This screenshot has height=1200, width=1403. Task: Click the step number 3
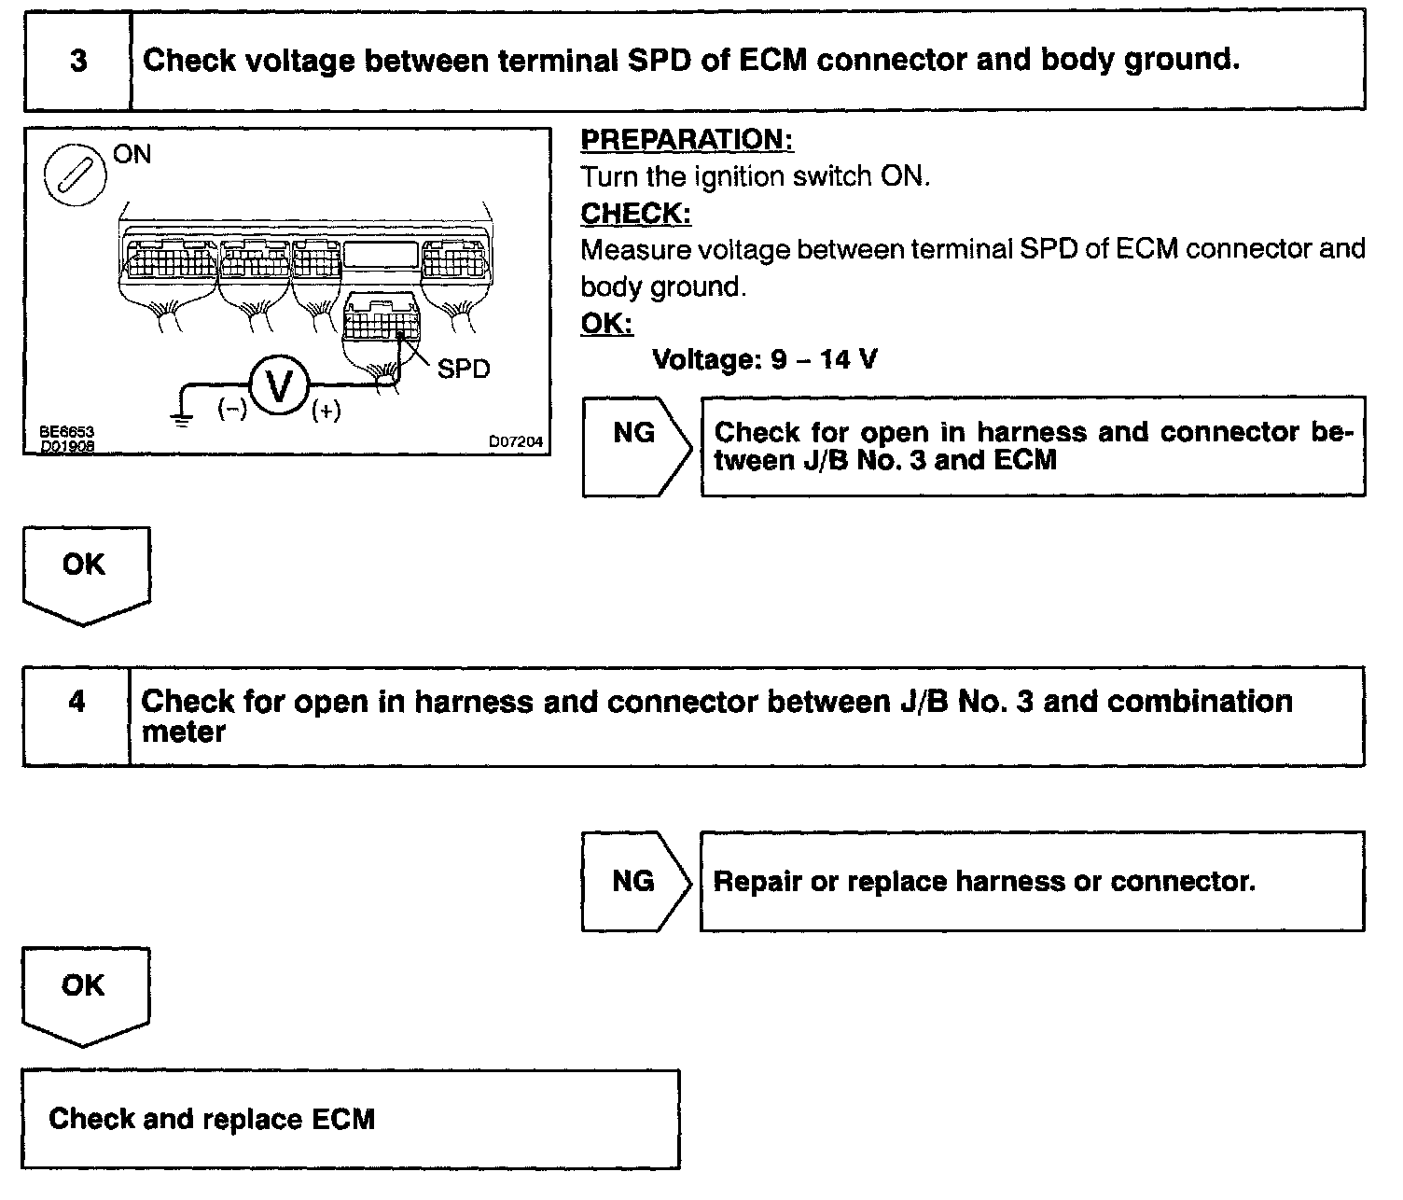78,62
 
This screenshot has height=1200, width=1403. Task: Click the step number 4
77,702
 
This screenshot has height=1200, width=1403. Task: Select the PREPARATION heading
687,140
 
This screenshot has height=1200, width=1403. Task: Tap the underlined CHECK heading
635,214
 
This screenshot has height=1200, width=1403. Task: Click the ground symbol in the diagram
181,419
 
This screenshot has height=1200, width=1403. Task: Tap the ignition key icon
75,174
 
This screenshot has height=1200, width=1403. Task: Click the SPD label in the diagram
464,370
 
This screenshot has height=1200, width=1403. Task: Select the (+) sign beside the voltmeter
326,410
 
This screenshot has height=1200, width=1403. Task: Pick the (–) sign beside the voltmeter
230,409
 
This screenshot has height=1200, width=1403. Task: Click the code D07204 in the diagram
516,441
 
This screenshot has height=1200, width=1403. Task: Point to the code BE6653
66,433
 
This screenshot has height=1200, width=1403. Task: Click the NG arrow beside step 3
635,445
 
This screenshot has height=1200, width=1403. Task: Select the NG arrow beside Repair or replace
634,881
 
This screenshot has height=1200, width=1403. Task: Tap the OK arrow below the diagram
85,571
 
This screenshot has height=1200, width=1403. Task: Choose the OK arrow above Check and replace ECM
84,993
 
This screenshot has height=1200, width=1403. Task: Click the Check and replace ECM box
351,1119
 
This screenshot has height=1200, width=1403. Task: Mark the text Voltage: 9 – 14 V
765,359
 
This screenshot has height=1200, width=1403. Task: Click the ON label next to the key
132,154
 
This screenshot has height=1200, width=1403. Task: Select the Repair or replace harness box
1032,881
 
